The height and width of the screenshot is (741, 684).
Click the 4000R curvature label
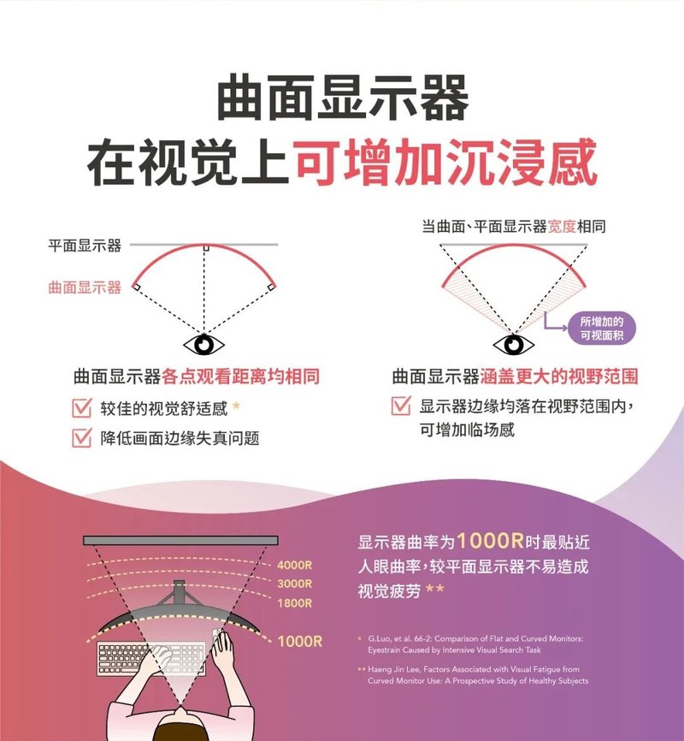[x=294, y=565]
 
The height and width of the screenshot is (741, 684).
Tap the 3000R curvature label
[x=294, y=584]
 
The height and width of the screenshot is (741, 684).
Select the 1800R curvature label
[x=294, y=603]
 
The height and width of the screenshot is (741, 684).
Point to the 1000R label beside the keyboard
[x=300, y=641]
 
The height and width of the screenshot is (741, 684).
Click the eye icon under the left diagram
[x=203, y=345]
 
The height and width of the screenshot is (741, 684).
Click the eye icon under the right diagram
[x=514, y=345]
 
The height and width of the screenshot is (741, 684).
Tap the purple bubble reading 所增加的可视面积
[x=602, y=329]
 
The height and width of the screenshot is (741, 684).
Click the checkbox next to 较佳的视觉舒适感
[x=82, y=407]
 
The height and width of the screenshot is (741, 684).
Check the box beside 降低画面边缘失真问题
[x=82, y=437]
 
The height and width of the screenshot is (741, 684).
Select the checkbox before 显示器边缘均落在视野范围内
[x=401, y=406]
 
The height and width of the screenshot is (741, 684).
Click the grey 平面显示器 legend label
[x=85, y=246]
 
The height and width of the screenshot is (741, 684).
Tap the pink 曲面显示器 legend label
[x=85, y=288]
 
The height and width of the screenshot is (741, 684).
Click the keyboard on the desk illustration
[x=151, y=658]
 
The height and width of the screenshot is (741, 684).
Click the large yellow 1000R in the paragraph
[x=490, y=541]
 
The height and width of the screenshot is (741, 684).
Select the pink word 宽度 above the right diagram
[x=562, y=227]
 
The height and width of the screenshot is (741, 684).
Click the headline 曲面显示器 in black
[x=343, y=98]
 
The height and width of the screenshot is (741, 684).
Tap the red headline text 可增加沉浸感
[x=447, y=162]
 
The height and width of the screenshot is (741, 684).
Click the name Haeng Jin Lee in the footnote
[x=394, y=669]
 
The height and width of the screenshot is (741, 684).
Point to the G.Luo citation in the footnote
[x=475, y=644]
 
